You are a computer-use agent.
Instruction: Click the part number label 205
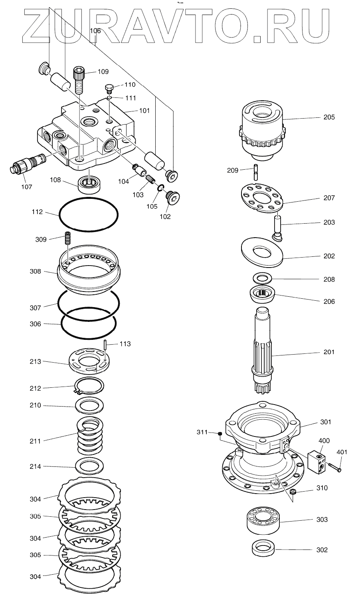pyautogui.click(x=329, y=117)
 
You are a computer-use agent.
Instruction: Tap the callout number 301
pyautogui.click(x=326, y=422)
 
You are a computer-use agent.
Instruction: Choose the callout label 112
pyautogui.click(x=37, y=212)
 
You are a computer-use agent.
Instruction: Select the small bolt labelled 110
pyautogui.click(x=109, y=87)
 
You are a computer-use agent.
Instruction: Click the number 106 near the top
pyautogui.click(x=95, y=31)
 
